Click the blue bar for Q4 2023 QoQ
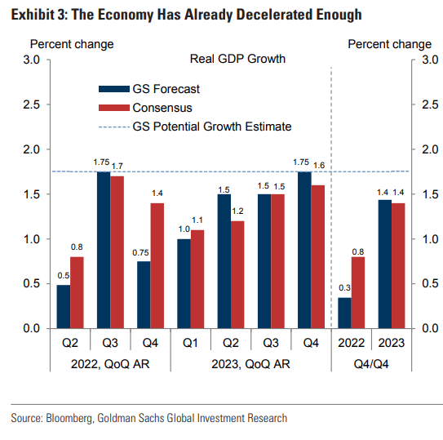click(x=303, y=250)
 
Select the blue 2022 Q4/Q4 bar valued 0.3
click(x=346, y=313)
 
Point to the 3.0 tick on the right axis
click(x=424, y=60)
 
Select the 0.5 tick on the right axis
click(x=424, y=283)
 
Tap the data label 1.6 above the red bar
click(x=317, y=166)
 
